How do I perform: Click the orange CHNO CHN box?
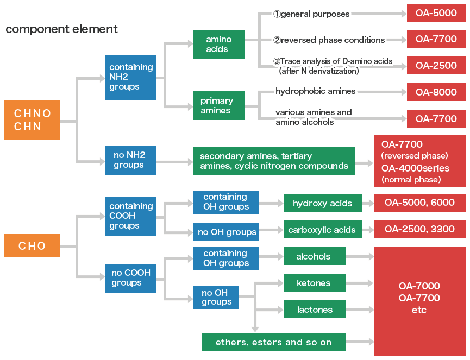point(32,119)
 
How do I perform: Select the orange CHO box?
point(32,245)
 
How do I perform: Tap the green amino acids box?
point(218,44)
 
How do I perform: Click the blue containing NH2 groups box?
point(130,77)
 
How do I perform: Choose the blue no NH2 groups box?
point(130,160)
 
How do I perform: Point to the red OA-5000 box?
point(436,13)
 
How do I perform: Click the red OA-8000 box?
point(436,92)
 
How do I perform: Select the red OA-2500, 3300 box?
point(419,229)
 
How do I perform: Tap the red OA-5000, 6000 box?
point(419,203)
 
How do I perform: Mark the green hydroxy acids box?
point(322,203)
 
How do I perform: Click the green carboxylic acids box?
point(322,229)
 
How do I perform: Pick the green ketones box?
point(314,283)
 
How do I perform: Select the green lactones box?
point(314,310)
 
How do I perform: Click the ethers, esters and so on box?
point(273,342)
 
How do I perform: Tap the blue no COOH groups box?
point(130,277)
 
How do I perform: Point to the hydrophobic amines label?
point(315,91)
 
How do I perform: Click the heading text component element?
point(61,29)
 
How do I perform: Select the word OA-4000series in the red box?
point(415,168)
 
